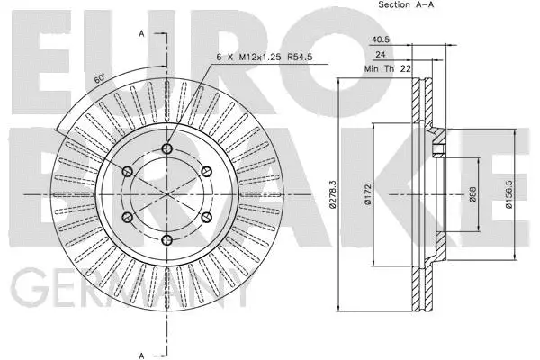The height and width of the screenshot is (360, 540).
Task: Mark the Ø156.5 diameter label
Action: pos(508,194)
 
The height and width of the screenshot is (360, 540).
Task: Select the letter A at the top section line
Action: pos(141,33)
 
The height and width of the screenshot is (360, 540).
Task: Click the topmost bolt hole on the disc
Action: pos(166,149)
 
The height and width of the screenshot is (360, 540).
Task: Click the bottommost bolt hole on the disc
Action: pos(166,240)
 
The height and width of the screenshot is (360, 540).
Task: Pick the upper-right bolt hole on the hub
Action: pos(206,172)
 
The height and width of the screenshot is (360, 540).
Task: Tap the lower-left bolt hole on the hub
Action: pos(127,218)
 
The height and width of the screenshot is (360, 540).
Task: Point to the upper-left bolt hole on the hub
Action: pos(127,172)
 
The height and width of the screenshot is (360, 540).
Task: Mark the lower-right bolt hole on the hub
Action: pos(206,218)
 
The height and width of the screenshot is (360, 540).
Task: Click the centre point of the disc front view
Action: pos(166,194)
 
